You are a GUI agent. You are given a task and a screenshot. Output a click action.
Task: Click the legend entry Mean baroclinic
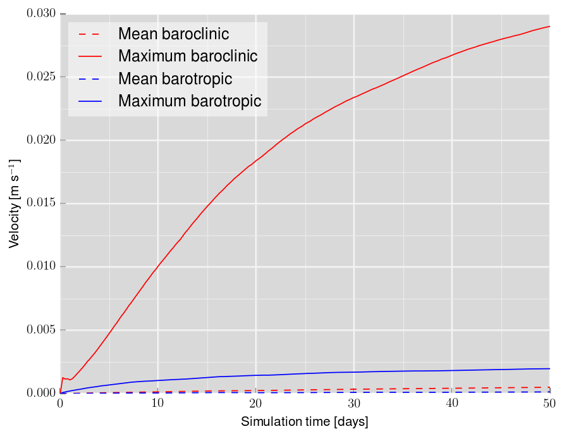tap(173, 33)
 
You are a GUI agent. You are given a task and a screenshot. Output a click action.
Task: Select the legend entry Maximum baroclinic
tap(187, 56)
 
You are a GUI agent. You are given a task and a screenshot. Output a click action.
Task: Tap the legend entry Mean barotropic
tap(175, 78)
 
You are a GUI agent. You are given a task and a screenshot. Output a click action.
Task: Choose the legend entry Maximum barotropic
tap(189, 101)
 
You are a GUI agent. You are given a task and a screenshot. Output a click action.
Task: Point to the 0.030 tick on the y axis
tap(42, 14)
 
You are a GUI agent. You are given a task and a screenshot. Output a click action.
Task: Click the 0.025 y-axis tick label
tap(42, 77)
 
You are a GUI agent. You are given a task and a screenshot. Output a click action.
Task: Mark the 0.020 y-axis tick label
tap(42, 140)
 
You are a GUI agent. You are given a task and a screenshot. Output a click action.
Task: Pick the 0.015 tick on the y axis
tap(42, 204)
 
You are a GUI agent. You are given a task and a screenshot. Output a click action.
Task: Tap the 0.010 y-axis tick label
tap(42, 267)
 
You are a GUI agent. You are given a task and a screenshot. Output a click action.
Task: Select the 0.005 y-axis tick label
tap(42, 330)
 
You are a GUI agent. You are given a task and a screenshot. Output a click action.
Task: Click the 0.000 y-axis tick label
tap(42, 394)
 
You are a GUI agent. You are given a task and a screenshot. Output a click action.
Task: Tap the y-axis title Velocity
tap(14, 204)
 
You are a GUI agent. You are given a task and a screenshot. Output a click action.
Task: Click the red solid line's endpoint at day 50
tap(549, 27)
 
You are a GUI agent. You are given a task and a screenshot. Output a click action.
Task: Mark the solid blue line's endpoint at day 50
tap(549, 368)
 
